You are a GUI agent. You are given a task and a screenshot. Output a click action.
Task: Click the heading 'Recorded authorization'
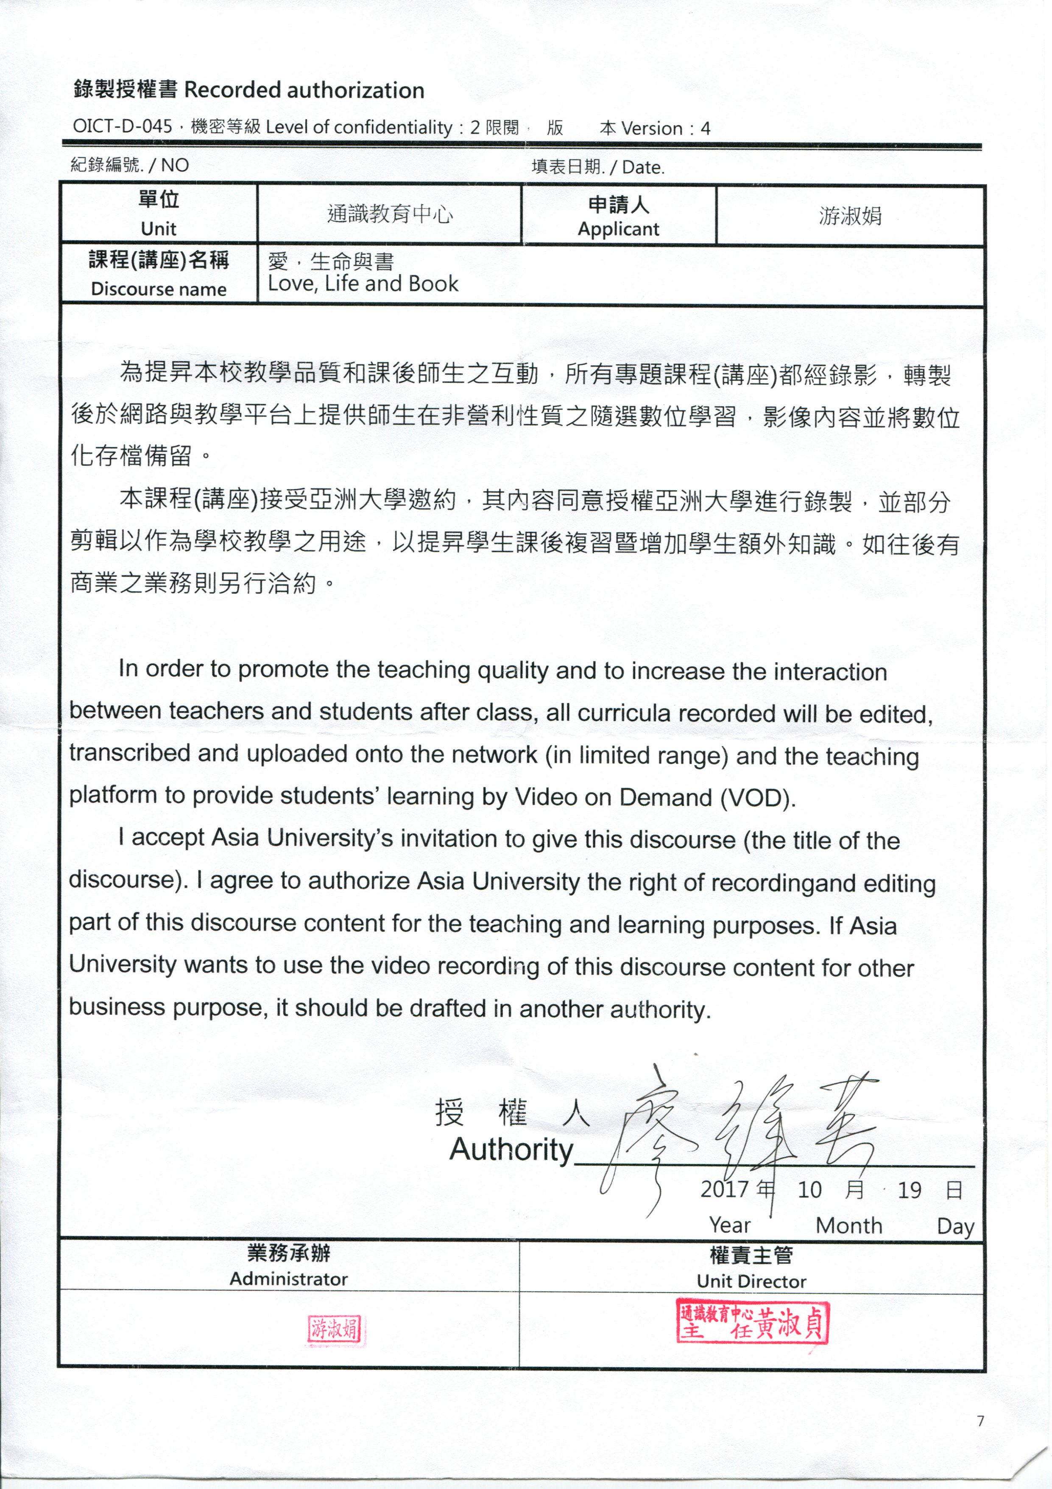click(304, 90)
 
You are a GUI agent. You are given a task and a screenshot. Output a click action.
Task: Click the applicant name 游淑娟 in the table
click(850, 216)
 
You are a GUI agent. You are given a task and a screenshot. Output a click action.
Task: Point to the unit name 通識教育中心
click(390, 214)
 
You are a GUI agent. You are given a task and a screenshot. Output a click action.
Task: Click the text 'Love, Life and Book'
click(363, 284)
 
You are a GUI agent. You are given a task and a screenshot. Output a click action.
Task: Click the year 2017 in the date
click(724, 1189)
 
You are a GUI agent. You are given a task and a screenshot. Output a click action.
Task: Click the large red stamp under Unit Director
click(752, 1321)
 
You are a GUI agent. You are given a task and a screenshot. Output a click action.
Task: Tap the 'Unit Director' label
click(751, 1281)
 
